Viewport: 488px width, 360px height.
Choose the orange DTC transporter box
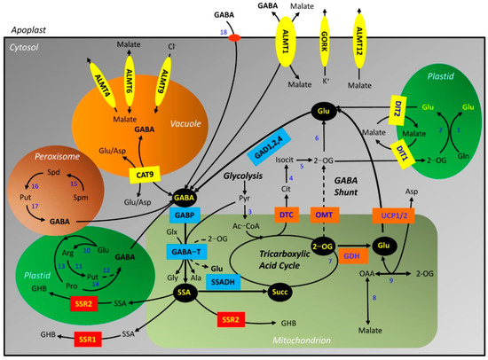coord(287,215)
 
